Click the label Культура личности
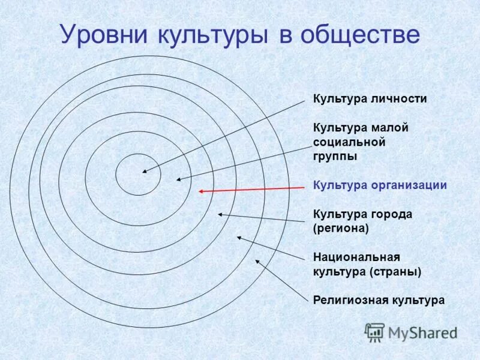click(370, 99)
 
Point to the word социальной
click(349, 142)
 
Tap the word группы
click(335, 157)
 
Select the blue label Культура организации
click(380, 185)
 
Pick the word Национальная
click(356, 257)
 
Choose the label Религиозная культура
click(379, 300)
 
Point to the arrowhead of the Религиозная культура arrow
click(257, 260)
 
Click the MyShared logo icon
click(375, 332)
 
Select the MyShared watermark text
click(422, 332)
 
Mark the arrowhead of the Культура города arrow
click(220, 214)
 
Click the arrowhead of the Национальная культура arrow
click(238, 237)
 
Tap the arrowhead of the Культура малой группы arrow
click(178, 179)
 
